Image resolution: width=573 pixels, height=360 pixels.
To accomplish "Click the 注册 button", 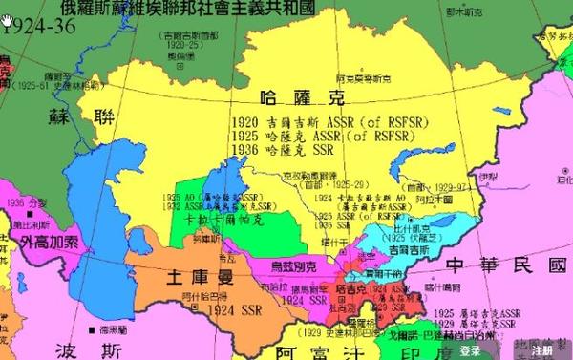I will click(541, 350).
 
